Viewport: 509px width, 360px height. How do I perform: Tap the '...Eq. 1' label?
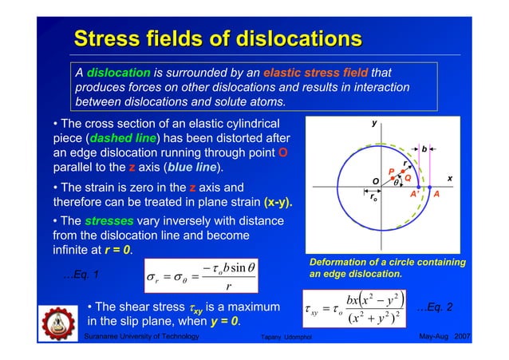coord(81,275)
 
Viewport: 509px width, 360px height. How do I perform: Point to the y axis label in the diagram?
coord(373,124)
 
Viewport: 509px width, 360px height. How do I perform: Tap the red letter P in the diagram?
coord(391,171)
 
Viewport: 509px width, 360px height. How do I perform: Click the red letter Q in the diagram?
coord(407,178)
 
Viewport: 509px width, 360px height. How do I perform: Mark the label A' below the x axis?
coord(414,194)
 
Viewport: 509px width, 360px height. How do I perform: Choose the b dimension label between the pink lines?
coord(424,148)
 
